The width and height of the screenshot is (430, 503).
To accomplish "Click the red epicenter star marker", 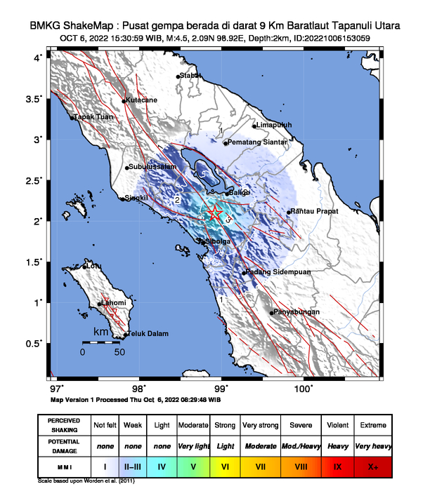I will point(216,213).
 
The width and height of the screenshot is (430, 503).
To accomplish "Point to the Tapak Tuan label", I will point(93,117).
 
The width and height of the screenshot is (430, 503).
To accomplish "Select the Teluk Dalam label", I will point(148,334).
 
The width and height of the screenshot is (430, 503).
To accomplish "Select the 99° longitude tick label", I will point(221,387).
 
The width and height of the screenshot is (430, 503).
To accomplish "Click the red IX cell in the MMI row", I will point(337,466).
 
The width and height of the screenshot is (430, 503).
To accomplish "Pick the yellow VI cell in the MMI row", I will point(225,466).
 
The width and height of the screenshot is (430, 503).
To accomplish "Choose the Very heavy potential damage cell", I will point(372,445).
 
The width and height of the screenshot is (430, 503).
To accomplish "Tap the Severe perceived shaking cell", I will point(300,425).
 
